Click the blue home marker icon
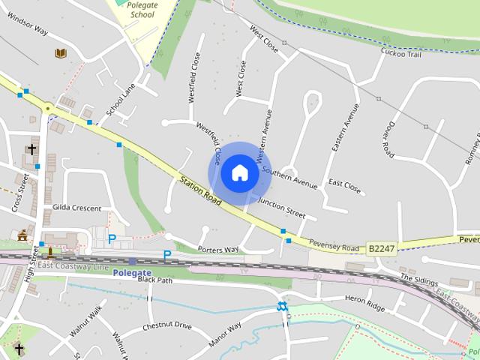239,172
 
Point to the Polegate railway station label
132,272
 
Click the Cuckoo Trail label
402,52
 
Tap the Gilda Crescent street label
76,207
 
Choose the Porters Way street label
217,249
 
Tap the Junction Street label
281,207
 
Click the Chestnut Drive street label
166,326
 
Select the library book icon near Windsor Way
60,53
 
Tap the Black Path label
154,280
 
